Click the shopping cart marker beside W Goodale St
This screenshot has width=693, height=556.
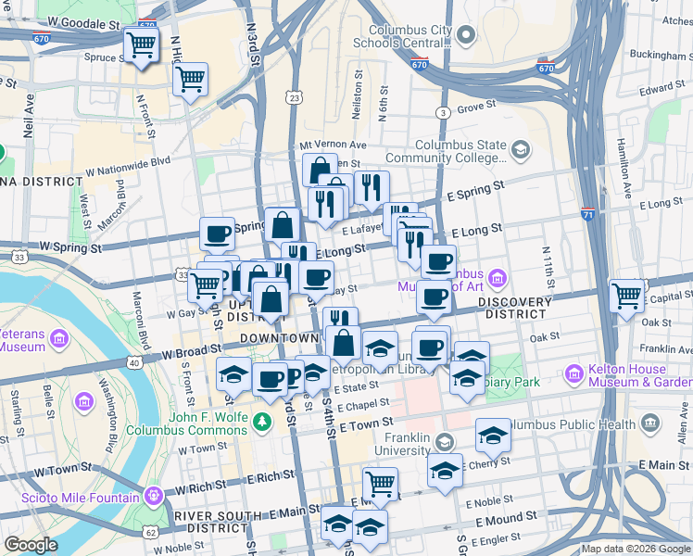pyautogui.click(x=141, y=44)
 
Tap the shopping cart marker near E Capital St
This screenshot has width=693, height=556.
pyautogui.click(x=627, y=296)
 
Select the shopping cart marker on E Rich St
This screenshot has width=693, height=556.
pyautogui.click(x=380, y=483)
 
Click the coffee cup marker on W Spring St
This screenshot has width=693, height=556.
pyautogui.click(x=217, y=234)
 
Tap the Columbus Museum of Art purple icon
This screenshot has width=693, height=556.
pyautogui.click(x=498, y=277)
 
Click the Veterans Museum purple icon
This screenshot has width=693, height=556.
pyautogui.click(x=62, y=335)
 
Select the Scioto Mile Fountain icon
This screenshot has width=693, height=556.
pyautogui.click(x=153, y=497)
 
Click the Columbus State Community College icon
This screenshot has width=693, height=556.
pyautogui.click(x=521, y=149)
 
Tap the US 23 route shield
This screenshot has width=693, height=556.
pyautogui.click(x=295, y=97)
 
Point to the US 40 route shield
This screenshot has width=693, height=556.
pyautogui.click(x=136, y=362)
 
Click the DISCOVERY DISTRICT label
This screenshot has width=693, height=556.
pyautogui.click(x=502, y=307)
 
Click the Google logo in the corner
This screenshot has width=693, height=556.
pyautogui.click(x=31, y=545)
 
